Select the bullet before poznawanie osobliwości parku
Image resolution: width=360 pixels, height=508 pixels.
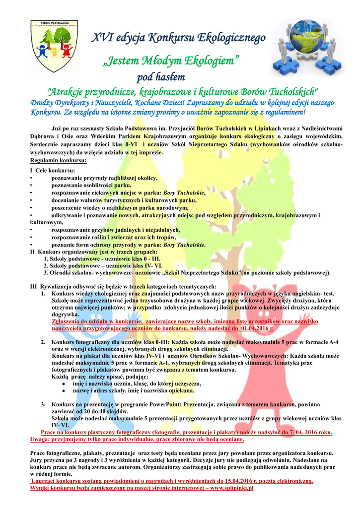pos(31,185)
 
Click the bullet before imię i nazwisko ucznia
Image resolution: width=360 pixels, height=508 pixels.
pos(60,384)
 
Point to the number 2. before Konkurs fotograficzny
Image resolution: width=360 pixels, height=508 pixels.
pos(43,342)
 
